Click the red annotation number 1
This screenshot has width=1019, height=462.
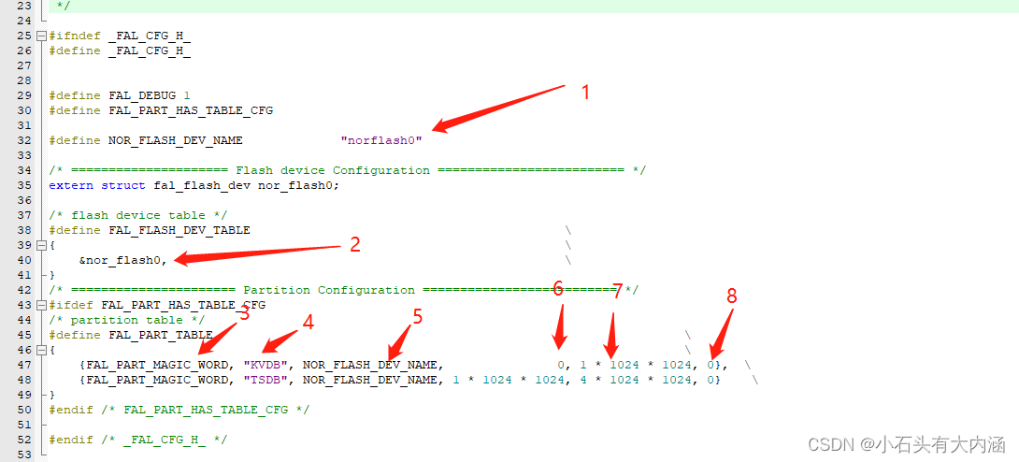(x=585, y=93)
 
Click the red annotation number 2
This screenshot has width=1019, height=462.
(x=355, y=245)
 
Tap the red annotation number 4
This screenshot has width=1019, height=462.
(x=309, y=323)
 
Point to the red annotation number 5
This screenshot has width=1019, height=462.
(x=417, y=316)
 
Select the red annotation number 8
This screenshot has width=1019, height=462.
(x=732, y=296)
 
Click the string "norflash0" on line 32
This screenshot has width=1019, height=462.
(x=381, y=140)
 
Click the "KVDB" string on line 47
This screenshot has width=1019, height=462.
(x=266, y=365)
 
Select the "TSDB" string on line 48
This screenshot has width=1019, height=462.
(x=266, y=380)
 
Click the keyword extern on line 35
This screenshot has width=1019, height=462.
(x=71, y=185)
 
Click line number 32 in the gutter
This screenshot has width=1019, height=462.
(x=24, y=140)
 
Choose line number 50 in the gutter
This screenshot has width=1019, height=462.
(x=24, y=410)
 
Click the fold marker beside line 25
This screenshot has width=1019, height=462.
(x=42, y=36)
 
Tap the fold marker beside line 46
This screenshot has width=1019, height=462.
(x=42, y=350)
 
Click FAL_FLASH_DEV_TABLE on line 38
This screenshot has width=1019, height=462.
(x=179, y=230)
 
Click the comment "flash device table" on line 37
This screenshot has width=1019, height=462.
(x=142, y=215)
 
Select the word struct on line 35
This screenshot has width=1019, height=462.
(x=123, y=185)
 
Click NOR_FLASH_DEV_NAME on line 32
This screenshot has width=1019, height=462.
(x=176, y=140)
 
